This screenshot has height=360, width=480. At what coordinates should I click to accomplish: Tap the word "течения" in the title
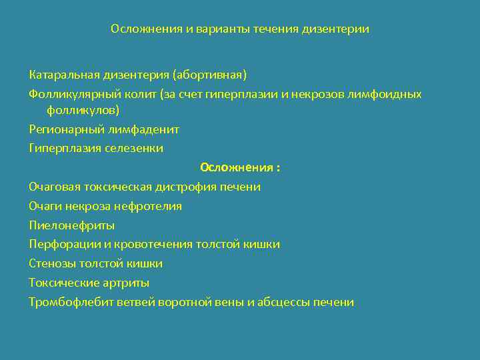[274, 29]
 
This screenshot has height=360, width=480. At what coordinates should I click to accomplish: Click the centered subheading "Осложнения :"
[240, 167]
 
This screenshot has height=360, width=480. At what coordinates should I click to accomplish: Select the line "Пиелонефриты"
[72, 225]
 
